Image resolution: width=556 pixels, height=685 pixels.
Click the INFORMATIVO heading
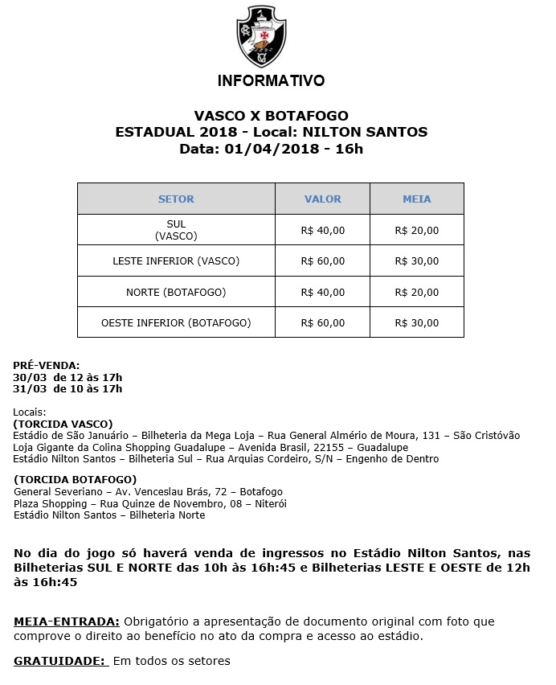[271, 81]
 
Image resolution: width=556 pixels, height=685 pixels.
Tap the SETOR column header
[176, 199]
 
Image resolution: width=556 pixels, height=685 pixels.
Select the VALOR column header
[322, 199]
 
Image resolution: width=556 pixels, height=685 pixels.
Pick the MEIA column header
[417, 199]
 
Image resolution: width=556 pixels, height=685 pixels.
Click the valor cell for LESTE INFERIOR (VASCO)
[322, 260]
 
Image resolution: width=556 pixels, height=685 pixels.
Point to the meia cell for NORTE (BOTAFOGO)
[417, 292]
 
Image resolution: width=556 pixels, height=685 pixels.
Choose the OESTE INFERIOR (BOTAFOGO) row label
[176, 323]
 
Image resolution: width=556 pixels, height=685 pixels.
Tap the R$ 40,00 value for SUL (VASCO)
[322, 230]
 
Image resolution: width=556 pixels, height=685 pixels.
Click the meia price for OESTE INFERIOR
[417, 323]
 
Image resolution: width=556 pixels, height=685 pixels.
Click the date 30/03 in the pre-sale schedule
[30, 377]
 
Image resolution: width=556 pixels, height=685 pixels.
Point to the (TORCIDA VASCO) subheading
[63, 424]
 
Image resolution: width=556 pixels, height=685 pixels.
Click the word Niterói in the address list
[269, 503]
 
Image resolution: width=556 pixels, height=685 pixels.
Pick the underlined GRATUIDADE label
[59, 661]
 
